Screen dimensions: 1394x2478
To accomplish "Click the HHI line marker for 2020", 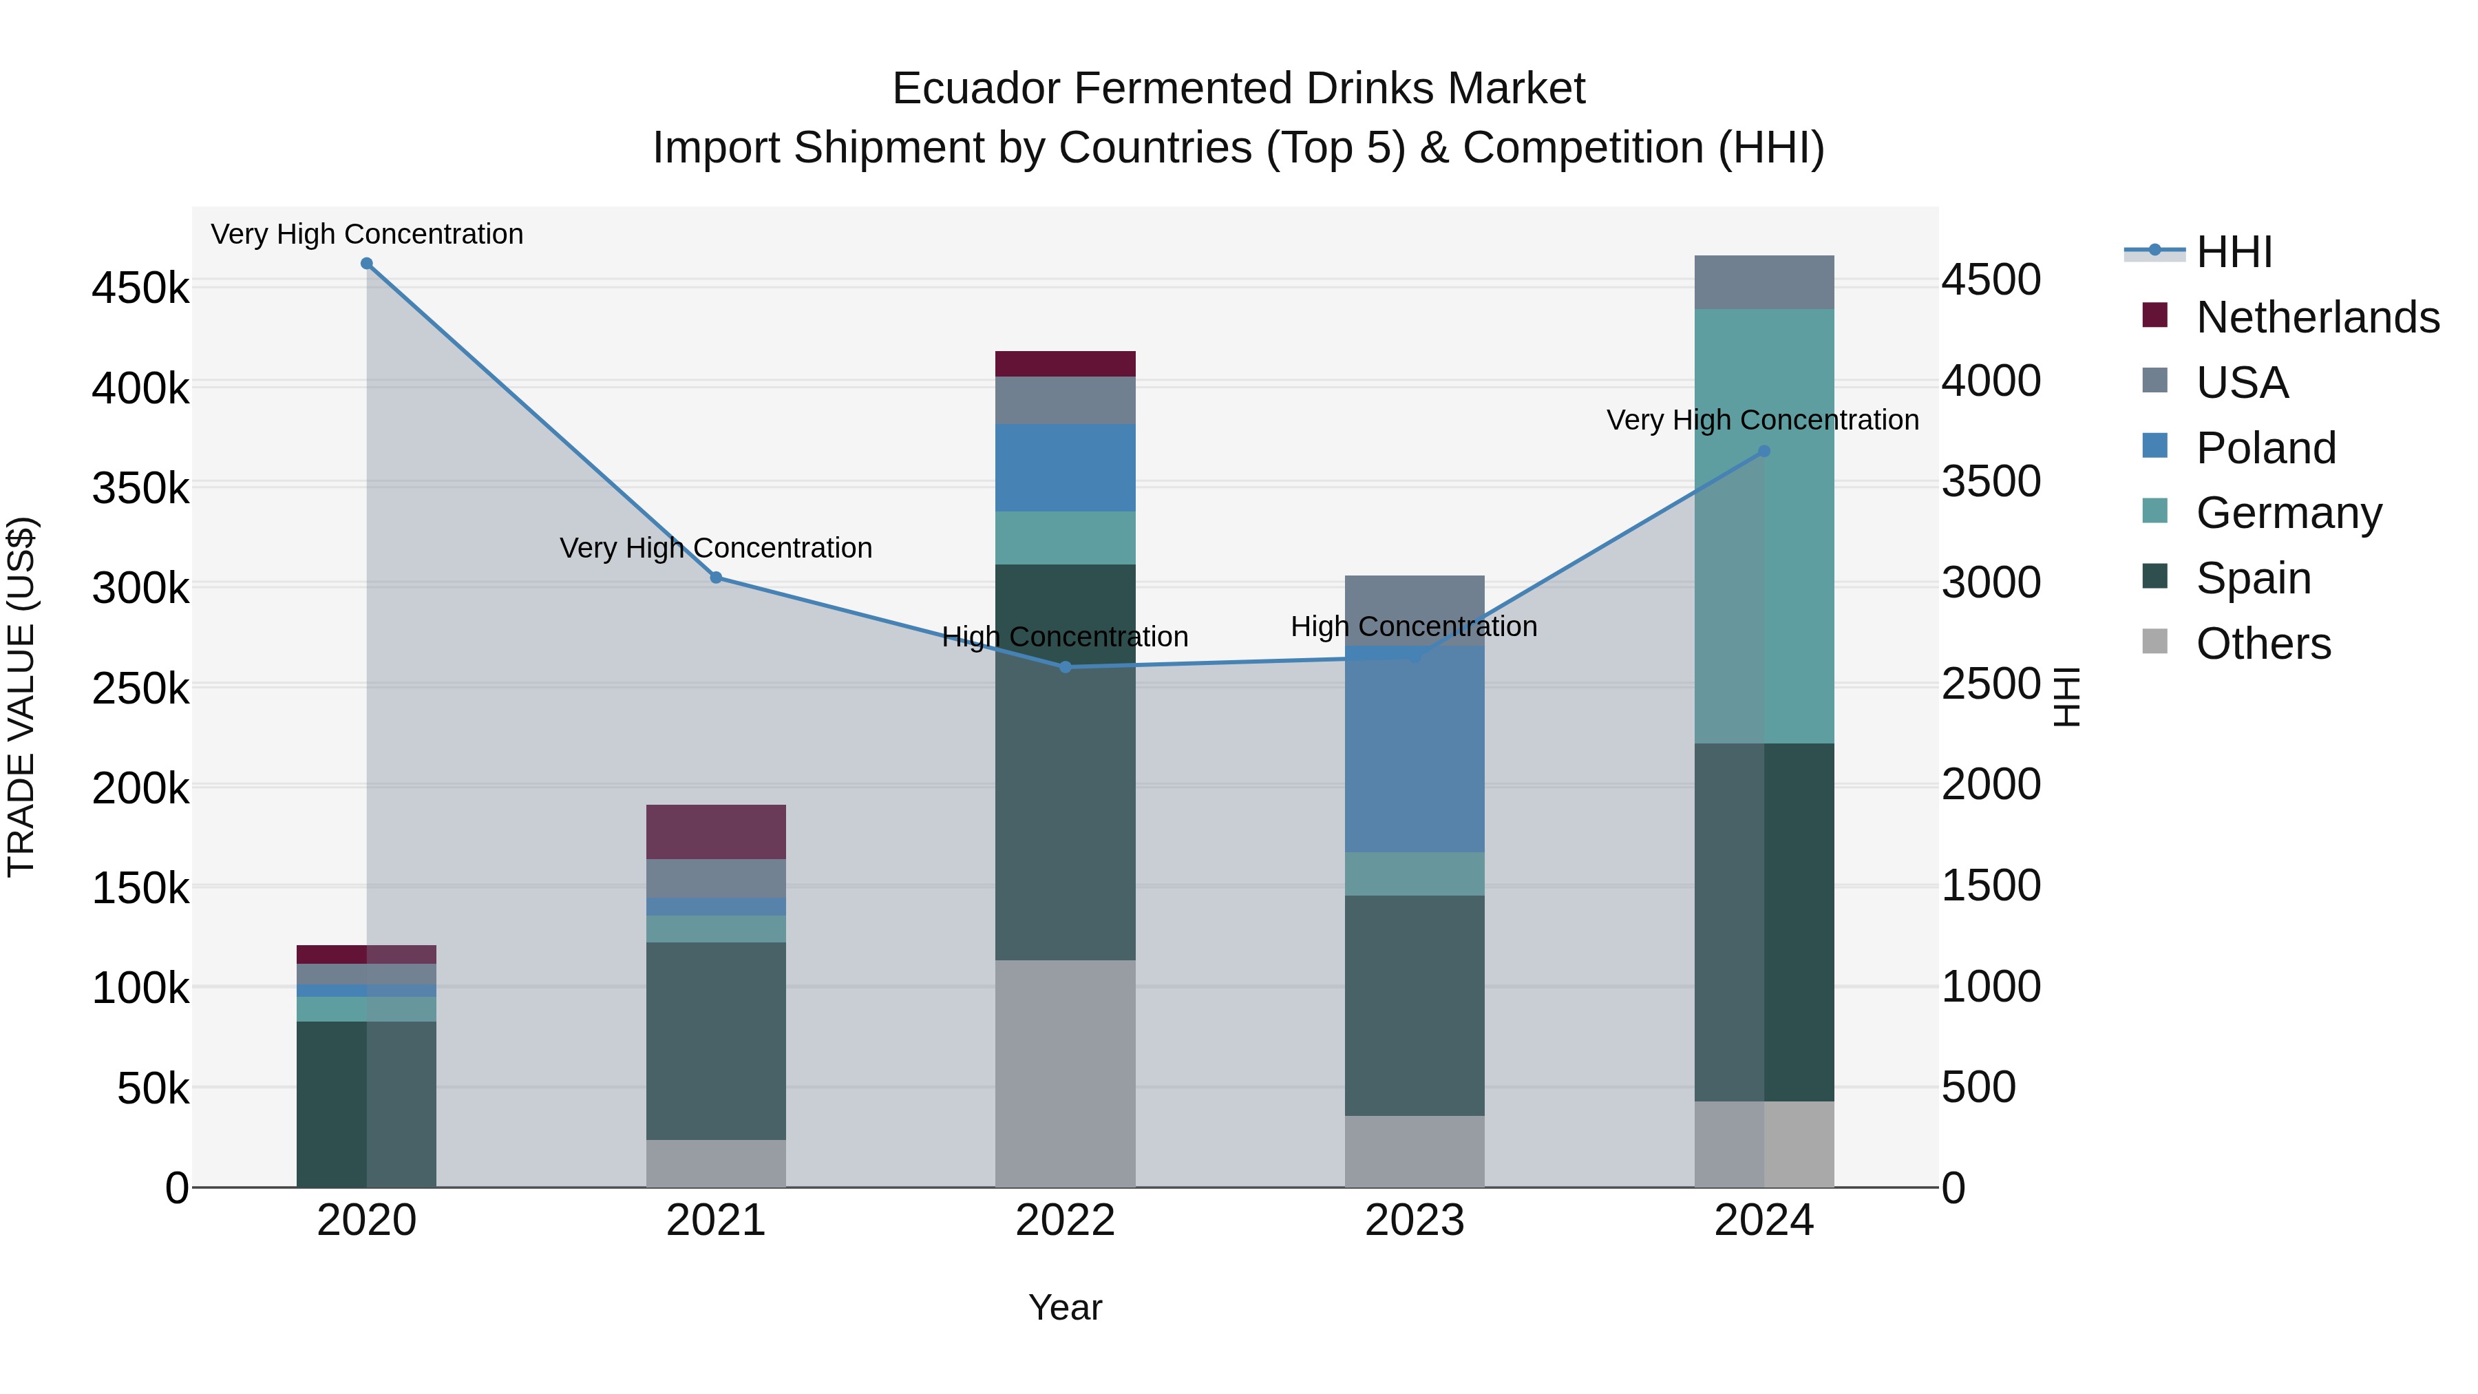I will pyautogui.click(x=366, y=264).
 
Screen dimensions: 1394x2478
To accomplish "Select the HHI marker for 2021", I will pyautogui.click(x=716, y=578).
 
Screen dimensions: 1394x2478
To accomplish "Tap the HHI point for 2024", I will pyautogui.click(x=1764, y=451).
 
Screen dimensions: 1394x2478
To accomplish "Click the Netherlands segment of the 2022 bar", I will pyautogui.click(x=1065, y=363).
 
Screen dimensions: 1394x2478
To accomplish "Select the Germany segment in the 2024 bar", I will pyautogui.click(x=1764, y=578).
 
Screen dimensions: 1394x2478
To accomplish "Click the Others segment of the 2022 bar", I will pyautogui.click(x=1065, y=1073).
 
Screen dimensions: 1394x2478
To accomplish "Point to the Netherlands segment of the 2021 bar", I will pyautogui.click(x=716, y=831).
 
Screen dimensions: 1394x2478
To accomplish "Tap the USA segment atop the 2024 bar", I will pyautogui.click(x=1764, y=282).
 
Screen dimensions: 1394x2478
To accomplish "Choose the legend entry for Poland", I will pyautogui.click(x=2265, y=448).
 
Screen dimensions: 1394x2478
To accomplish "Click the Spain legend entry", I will pyautogui.click(x=2253, y=578).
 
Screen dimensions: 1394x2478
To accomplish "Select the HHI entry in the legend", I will pyautogui.click(x=2234, y=252).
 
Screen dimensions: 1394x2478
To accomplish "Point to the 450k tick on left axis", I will pyautogui.click(x=140, y=288).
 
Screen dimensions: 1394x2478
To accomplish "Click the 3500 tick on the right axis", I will pyautogui.click(x=1990, y=481).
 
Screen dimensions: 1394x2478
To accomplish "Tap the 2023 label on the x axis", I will pyautogui.click(x=1414, y=1221).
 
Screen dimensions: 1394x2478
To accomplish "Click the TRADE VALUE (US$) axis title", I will pyautogui.click(x=21, y=697).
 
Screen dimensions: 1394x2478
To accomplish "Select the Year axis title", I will pyautogui.click(x=1065, y=1307).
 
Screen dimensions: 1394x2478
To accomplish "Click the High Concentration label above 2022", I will pyautogui.click(x=1065, y=637).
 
